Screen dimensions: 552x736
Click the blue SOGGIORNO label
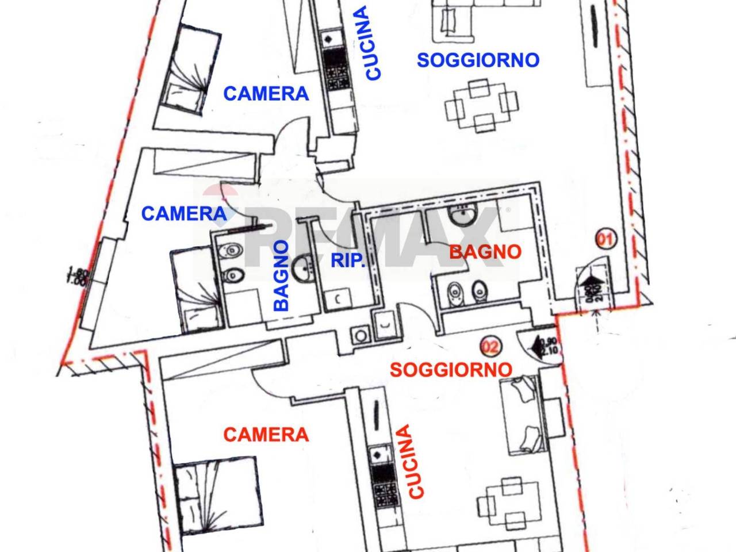coord(478,60)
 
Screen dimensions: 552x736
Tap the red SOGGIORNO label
coord(451,369)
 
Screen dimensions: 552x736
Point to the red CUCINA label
coord(415,461)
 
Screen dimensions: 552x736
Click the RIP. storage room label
coord(348,260)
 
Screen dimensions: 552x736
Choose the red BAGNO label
coord(485,251)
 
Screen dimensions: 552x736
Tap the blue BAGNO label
coord(281,275)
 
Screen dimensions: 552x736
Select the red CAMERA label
coord(266,434)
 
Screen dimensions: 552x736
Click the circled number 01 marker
coord(605,237)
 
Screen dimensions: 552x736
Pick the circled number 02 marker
coord(490,346)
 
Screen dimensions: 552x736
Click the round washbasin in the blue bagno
coord(304,267)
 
